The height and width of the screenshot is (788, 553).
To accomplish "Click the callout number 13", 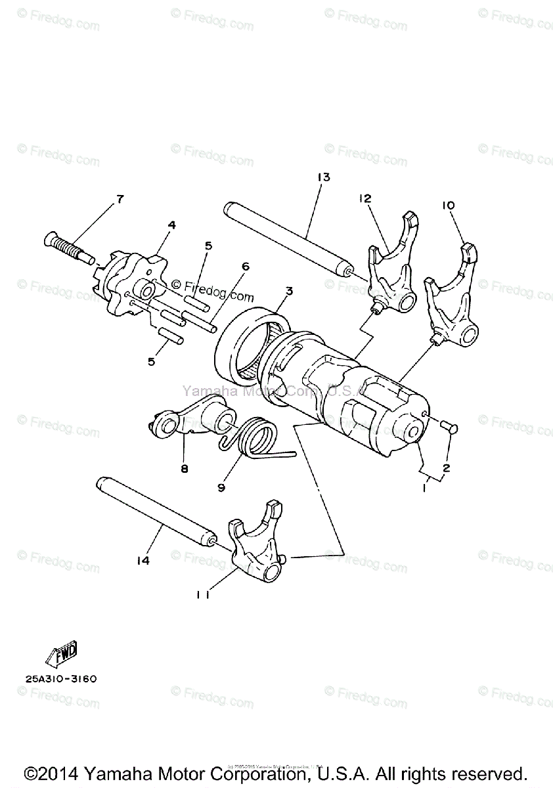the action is point(322,177).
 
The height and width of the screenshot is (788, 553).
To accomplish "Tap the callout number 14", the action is point(143,560).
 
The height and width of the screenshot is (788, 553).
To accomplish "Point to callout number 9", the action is point(221,487).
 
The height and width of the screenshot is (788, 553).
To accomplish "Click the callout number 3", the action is point(288,291).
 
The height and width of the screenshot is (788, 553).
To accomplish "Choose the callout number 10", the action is point(448,206).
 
